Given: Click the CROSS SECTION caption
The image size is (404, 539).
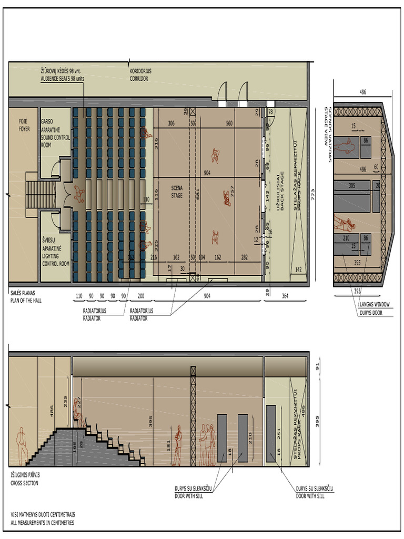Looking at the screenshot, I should pos(24,479).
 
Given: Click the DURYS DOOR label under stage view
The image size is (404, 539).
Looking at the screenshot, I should pos(375,313).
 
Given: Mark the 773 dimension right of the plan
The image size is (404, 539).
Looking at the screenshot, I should pos(312,193).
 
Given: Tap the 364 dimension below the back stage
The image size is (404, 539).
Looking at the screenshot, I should pos(284,296).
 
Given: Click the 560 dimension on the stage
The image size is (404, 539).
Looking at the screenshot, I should pos(229,124).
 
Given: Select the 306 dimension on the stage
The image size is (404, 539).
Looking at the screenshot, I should pos(171,124).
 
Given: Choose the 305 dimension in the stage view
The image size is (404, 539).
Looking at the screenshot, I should pos(352,186).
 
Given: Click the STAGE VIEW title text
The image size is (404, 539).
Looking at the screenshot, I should pos(328,134).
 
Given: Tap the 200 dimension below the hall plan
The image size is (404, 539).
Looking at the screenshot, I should pos(140,296).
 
